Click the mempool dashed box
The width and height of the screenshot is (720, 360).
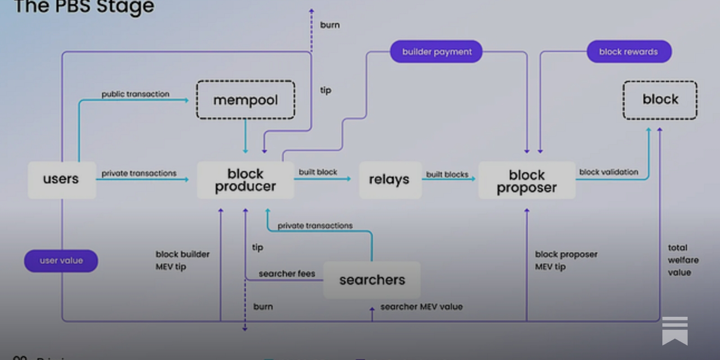pyautogui.click(x=245, y=100)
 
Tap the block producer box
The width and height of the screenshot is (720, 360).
pyautogui.click(x=245, y=180)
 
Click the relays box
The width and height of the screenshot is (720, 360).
pyautogui.click(x=390, y=180)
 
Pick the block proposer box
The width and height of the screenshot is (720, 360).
pyautogui.click(x=526, y=180)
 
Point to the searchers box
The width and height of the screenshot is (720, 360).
pyautogui.click(x=372, y=280)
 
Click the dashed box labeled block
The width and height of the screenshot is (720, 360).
pyautogui.click(x=660, y=100)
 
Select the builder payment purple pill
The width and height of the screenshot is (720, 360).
pyautogui.click(x=436, y=52)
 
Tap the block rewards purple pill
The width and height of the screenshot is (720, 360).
pyautogui.click(x=629, y=52)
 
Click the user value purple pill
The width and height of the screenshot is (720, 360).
pyautogui.click(x=61, y=261)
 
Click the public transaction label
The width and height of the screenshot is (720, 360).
pyautogui.click(x=135, y=94)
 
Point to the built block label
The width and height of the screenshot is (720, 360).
pyautogui.click(x=318, y=172)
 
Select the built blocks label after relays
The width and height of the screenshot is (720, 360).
pyautogui.click(x=447, y=174)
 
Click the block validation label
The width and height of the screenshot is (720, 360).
pyautogui.click(x=608, y=172)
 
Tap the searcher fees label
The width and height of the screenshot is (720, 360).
pyautogui.click(x=287, y=274)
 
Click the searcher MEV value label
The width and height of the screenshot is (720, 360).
pyautogui.click(x=421, y=306)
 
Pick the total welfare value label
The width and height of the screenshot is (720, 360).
pyautogui.click(x=683, y=260)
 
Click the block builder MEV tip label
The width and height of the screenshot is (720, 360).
pyautogui.click(x=182, y=260)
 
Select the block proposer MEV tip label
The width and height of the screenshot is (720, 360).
pyautogui.click(x=566, y=260)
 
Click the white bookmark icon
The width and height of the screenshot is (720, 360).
pyautogui.click(x=675, y=331)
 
